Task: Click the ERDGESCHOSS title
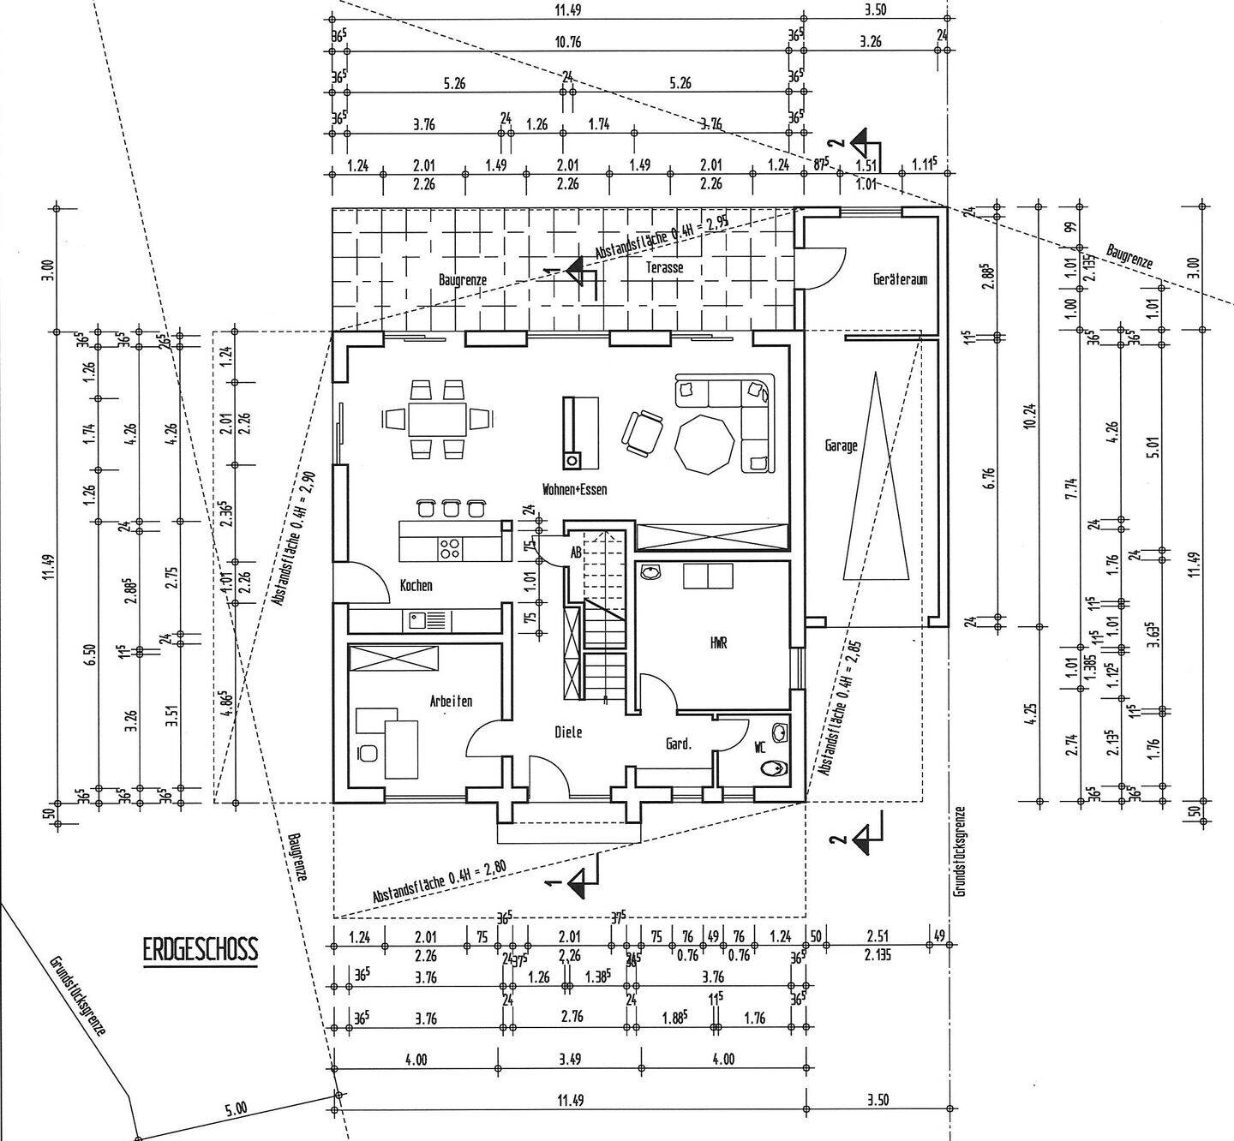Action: [201, 950]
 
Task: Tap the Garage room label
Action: [841, 445]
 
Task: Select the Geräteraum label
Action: [900, 279]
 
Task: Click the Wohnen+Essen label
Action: [574, 489]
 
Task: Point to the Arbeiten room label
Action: [451, 702]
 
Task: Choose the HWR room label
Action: [718, 643]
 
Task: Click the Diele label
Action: [568, 732]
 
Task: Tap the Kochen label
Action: [416, 586]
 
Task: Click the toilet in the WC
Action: [777, 768]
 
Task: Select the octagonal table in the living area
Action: [704, 443]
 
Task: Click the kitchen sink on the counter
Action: [417, 618]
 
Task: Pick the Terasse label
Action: [666, 267]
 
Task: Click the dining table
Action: [437, 419]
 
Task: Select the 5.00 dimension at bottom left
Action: [235, 1108]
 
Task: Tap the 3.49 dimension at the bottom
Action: [569, 1060]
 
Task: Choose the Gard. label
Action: [679, 744]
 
